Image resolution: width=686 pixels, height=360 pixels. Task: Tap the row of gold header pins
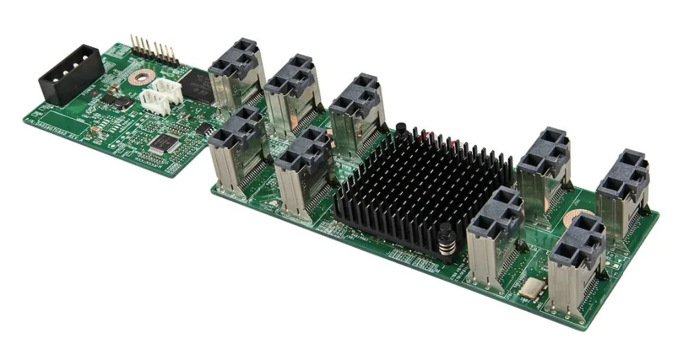155,50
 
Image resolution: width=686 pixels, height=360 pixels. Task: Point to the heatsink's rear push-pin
400,130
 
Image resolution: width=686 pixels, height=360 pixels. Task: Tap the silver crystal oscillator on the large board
530,289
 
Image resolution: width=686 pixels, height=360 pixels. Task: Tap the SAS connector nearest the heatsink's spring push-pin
495,237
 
